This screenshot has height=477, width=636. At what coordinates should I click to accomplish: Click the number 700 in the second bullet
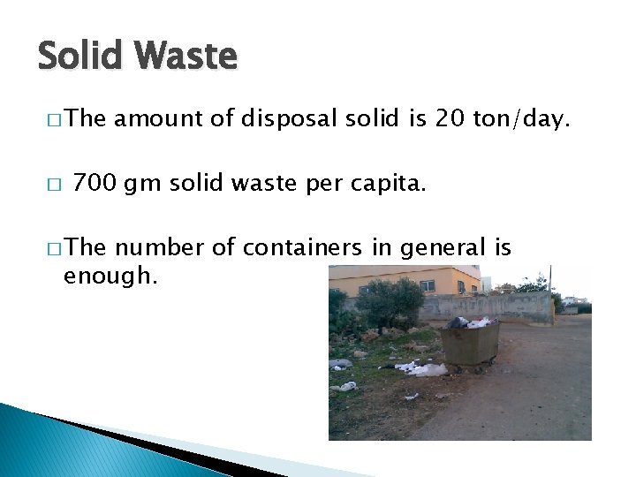95,184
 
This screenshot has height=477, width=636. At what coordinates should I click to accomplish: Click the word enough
110,276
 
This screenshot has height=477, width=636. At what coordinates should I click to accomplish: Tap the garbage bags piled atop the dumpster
471,322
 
